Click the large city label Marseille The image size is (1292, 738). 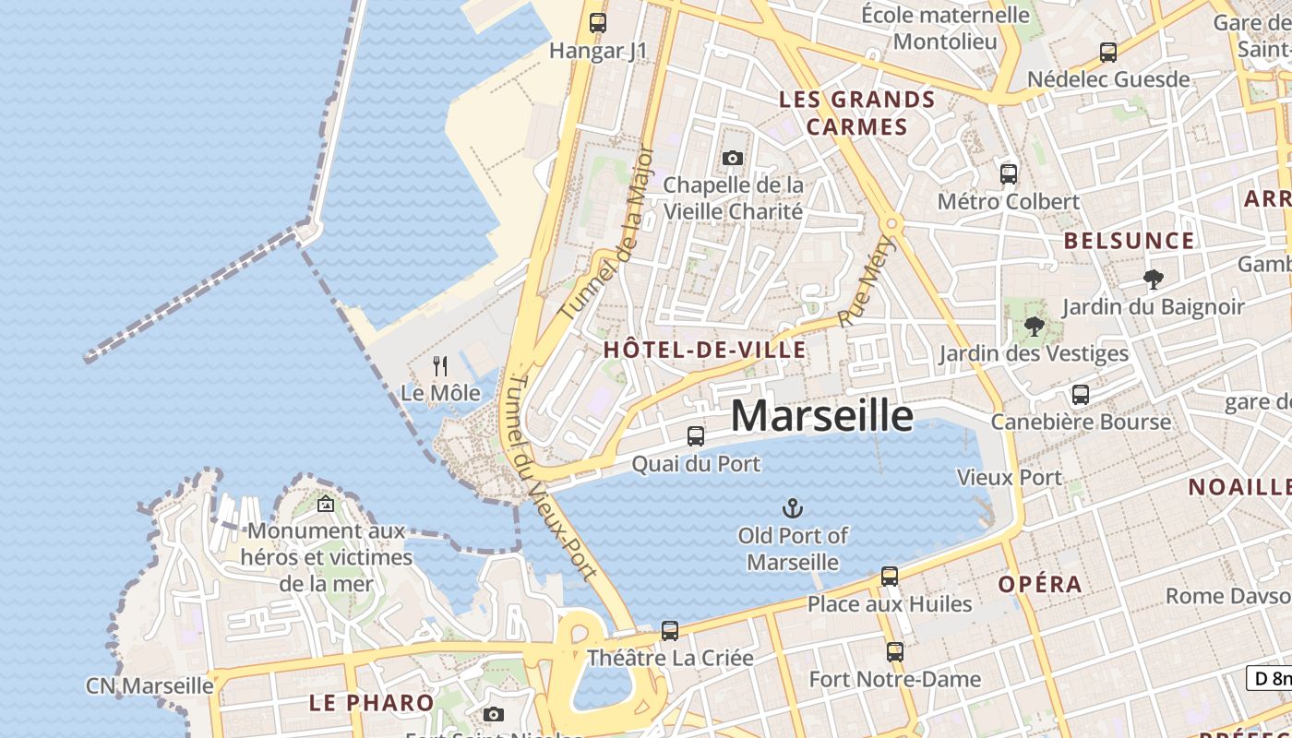coord(822,416)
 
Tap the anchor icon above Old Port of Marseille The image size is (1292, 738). coord(792,508)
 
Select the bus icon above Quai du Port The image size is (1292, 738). coord(696,436)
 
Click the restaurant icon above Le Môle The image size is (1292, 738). coord(440,366)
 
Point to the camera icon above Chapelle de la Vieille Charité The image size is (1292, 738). coord(733,159)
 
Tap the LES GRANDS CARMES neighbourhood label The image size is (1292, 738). coord(857,113)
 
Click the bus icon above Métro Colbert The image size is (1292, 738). coord(1009,173)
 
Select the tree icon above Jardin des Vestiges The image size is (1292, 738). coord(1034,326)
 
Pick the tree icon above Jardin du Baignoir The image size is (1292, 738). coord(1153,279)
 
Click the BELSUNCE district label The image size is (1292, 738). coord(1129,242)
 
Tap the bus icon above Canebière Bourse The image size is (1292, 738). coord(1081,395)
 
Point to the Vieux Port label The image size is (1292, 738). coord(1010,478)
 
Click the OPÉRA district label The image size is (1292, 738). coord(1040,584)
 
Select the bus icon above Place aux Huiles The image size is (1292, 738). coord(890,577)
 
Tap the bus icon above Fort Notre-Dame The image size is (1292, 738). coord(894,652)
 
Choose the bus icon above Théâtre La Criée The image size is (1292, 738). coord(670,631)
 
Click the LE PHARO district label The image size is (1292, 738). coord(371,703)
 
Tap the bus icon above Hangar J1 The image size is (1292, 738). coord(598,23)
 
